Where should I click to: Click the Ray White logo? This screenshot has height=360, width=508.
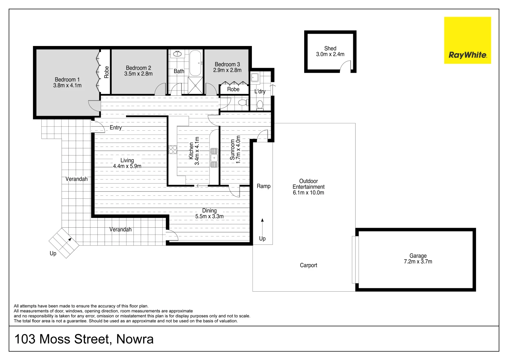point(467,40)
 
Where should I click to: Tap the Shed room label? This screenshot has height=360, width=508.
point(330,48)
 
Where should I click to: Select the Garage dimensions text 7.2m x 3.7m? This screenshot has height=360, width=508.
point(418,262)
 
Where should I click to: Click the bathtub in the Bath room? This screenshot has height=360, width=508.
point(195,63)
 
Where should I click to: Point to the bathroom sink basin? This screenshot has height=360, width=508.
point(177,54)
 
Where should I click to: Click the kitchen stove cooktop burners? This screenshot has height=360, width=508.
point(173,150)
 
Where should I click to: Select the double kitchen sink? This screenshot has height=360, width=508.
point(214,158)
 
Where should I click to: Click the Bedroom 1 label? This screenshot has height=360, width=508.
point(67,80)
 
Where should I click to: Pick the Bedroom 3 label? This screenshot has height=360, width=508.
point(227,64)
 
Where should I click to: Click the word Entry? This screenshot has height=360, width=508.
point(116,128)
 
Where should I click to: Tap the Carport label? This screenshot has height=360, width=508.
point(308,265)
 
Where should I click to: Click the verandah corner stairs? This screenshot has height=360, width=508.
point(64,243)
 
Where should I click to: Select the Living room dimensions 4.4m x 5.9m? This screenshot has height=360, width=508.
point(127,166)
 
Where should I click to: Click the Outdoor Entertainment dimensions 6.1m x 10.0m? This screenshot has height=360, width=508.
point(308,193)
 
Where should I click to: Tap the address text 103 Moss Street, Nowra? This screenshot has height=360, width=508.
point(84,339)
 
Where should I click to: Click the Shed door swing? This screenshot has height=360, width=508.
point(346,67)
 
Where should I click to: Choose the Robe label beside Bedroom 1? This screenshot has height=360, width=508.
point(106,72)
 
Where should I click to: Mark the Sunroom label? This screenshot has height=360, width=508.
point(232,150)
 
